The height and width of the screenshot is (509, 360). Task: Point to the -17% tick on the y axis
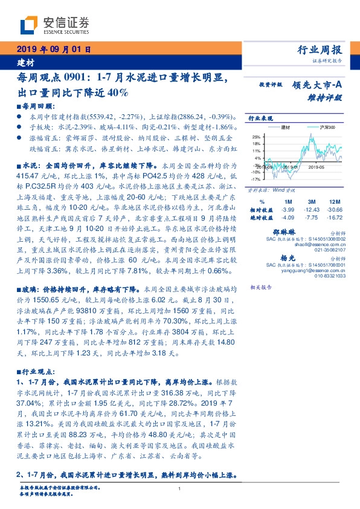point(256,179)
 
